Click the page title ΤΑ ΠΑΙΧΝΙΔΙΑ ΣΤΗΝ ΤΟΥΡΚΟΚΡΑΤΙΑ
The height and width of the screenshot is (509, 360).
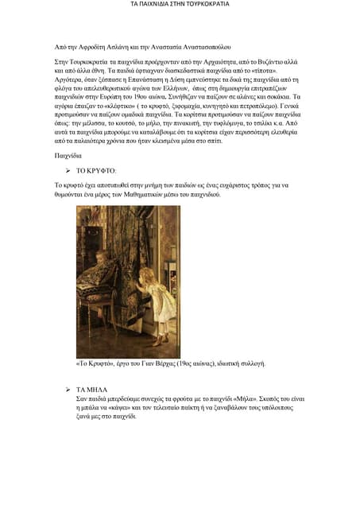[180, 4]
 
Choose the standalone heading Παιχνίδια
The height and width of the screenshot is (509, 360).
[68, 156]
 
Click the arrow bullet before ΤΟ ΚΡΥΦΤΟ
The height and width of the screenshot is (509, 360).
[68, 171]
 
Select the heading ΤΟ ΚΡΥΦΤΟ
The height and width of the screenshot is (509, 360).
[97, 171]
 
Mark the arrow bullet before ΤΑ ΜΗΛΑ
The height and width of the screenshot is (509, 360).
[68, 389]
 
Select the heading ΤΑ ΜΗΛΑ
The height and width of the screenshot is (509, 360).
[92, 389]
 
